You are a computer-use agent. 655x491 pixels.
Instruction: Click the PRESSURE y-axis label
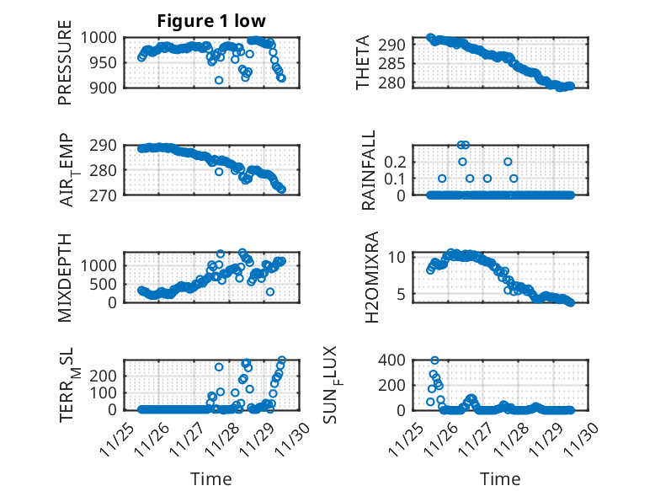pos(65,69)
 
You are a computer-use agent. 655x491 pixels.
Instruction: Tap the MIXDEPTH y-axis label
pos(65,277)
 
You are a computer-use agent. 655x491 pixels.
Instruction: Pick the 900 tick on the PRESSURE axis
pos(107,87)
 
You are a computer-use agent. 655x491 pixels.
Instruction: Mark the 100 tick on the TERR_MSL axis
pos(107,392)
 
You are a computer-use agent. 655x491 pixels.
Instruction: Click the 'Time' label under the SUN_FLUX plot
pos(500,478)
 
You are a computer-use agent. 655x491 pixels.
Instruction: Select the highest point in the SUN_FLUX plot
pos(434,360)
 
